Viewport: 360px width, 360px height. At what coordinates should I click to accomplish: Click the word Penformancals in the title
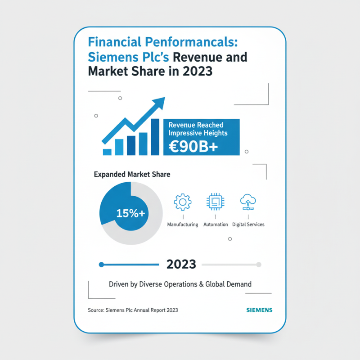pyautogui.click(x=184, y=43)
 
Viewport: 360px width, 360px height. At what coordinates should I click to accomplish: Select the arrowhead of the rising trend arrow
pyautogui.click(x=159, y=103)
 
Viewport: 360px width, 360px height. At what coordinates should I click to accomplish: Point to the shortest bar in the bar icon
pyautogui.click(x=107, y=152)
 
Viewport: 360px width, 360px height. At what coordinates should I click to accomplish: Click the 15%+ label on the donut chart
pyautogui.click(x=130, y=214)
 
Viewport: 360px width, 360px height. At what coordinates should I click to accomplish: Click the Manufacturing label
pyautogui.click(x=182, y=224)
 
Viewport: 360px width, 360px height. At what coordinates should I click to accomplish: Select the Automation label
pyautogui.click(x=216, y=224)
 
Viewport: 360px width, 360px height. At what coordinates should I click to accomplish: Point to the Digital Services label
pyautogui.click(x=248, y=224)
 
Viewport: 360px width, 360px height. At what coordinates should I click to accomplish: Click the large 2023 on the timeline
pyautogui.click(x=181, y=264)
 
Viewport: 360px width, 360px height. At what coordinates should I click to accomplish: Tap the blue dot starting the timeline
pyautogui.click(x=101, y=265)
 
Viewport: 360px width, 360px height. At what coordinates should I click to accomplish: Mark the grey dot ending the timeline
pyautogui.click(x=259, y=265)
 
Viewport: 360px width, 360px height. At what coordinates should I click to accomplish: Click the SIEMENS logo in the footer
pyautogui.click(x=259, y=310)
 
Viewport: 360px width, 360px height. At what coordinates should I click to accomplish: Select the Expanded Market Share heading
pyautogui.click(x=132, y=174)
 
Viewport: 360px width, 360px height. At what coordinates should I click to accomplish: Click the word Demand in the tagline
pyautogui.click(x=239, y=284)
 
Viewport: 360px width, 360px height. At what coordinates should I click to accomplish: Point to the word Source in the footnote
pyautogui.click(x=95, y=310)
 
